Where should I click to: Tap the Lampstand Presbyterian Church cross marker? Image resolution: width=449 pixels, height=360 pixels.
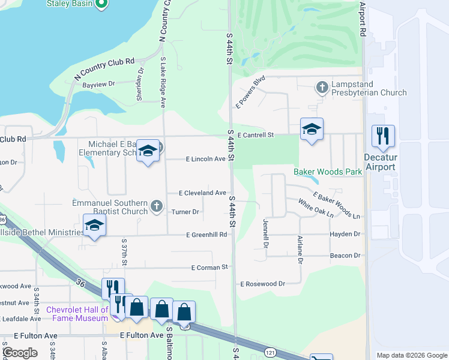pyautogui.click(x=322, y=88)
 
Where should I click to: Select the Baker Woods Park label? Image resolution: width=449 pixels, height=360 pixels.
pyautogui.click(x=328, y=172)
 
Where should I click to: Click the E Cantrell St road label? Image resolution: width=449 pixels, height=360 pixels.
pyautogui.click(x=255, y=135)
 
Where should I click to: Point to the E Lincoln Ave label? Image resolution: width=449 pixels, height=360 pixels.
pyautogui.click(x=205, y=159)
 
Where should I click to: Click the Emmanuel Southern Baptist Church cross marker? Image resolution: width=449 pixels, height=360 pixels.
pyautogui.click(x=156, y=206)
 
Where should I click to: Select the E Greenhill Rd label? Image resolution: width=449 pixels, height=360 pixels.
pyautogui.click(x=206, y=235)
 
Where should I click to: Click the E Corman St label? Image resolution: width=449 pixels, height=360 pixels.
pyautogui.click(x=209, y=267)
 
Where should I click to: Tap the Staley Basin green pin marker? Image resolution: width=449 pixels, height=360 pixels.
pyautogui.click(x=101, y=4)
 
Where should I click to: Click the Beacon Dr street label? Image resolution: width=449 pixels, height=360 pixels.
pyautogui.click(x=345, y=256)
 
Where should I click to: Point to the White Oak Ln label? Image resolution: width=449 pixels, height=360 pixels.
pyautogui.click(x=315, y=208)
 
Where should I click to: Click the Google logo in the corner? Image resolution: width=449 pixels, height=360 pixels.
pyautogui.click(x=20, y=353)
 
